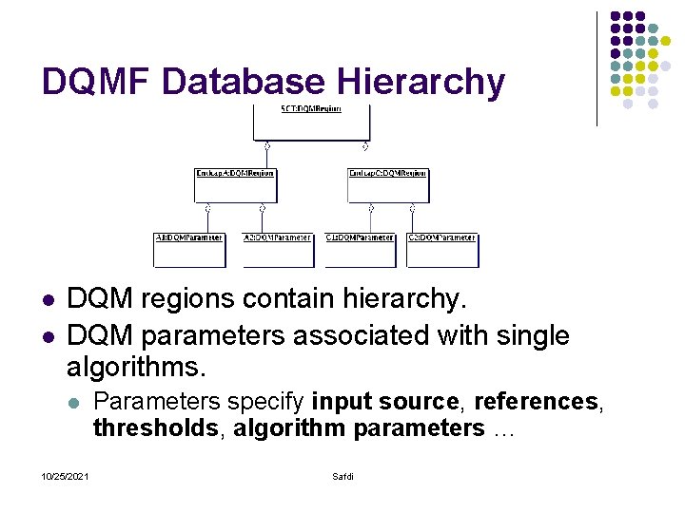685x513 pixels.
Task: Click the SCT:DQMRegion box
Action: pos(310,122)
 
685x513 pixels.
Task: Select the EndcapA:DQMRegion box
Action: pos(235,185)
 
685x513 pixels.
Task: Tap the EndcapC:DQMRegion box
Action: pos(388,185)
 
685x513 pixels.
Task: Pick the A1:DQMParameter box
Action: pos(188,249)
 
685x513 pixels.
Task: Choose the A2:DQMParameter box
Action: pos(278,249)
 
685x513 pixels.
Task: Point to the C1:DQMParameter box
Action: pos(360,249)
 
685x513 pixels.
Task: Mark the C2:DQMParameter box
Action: pos(441,249)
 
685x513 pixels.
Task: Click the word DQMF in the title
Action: pos(96,82)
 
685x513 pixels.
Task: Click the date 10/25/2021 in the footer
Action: pos(66,475)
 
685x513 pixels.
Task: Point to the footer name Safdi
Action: pos(342,475)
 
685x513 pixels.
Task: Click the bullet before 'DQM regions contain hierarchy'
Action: pos(48,299)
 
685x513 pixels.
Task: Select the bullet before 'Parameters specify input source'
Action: pos(74,403)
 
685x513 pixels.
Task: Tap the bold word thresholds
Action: pos(155,428)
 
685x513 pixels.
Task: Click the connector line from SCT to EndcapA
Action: pos(267,157)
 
